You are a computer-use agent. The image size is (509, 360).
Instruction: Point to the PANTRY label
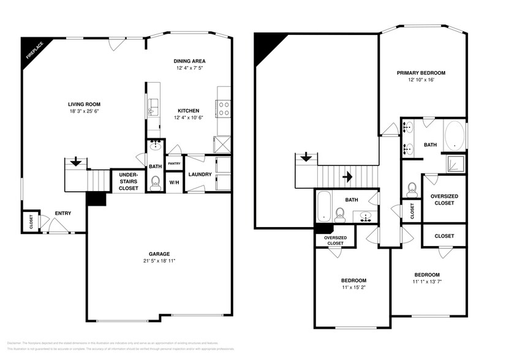[174, 163]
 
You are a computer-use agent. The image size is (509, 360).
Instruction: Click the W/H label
[174, 182]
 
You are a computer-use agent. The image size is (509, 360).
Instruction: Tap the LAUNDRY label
[200, 174]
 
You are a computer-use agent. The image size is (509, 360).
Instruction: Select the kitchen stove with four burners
[224, 109]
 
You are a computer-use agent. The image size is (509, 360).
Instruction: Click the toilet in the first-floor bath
[155, 182]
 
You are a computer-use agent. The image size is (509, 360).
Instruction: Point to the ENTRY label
[62, 213]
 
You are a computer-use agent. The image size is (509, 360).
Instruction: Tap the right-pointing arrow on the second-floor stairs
[347, 177]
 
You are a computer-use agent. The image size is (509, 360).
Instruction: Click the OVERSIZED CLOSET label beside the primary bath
[444, 199]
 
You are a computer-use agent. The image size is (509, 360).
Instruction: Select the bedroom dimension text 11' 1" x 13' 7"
[426, 282]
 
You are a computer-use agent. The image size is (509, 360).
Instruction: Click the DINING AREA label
[189, 61]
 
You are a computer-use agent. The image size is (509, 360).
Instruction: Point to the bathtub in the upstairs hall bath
[324, 206]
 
